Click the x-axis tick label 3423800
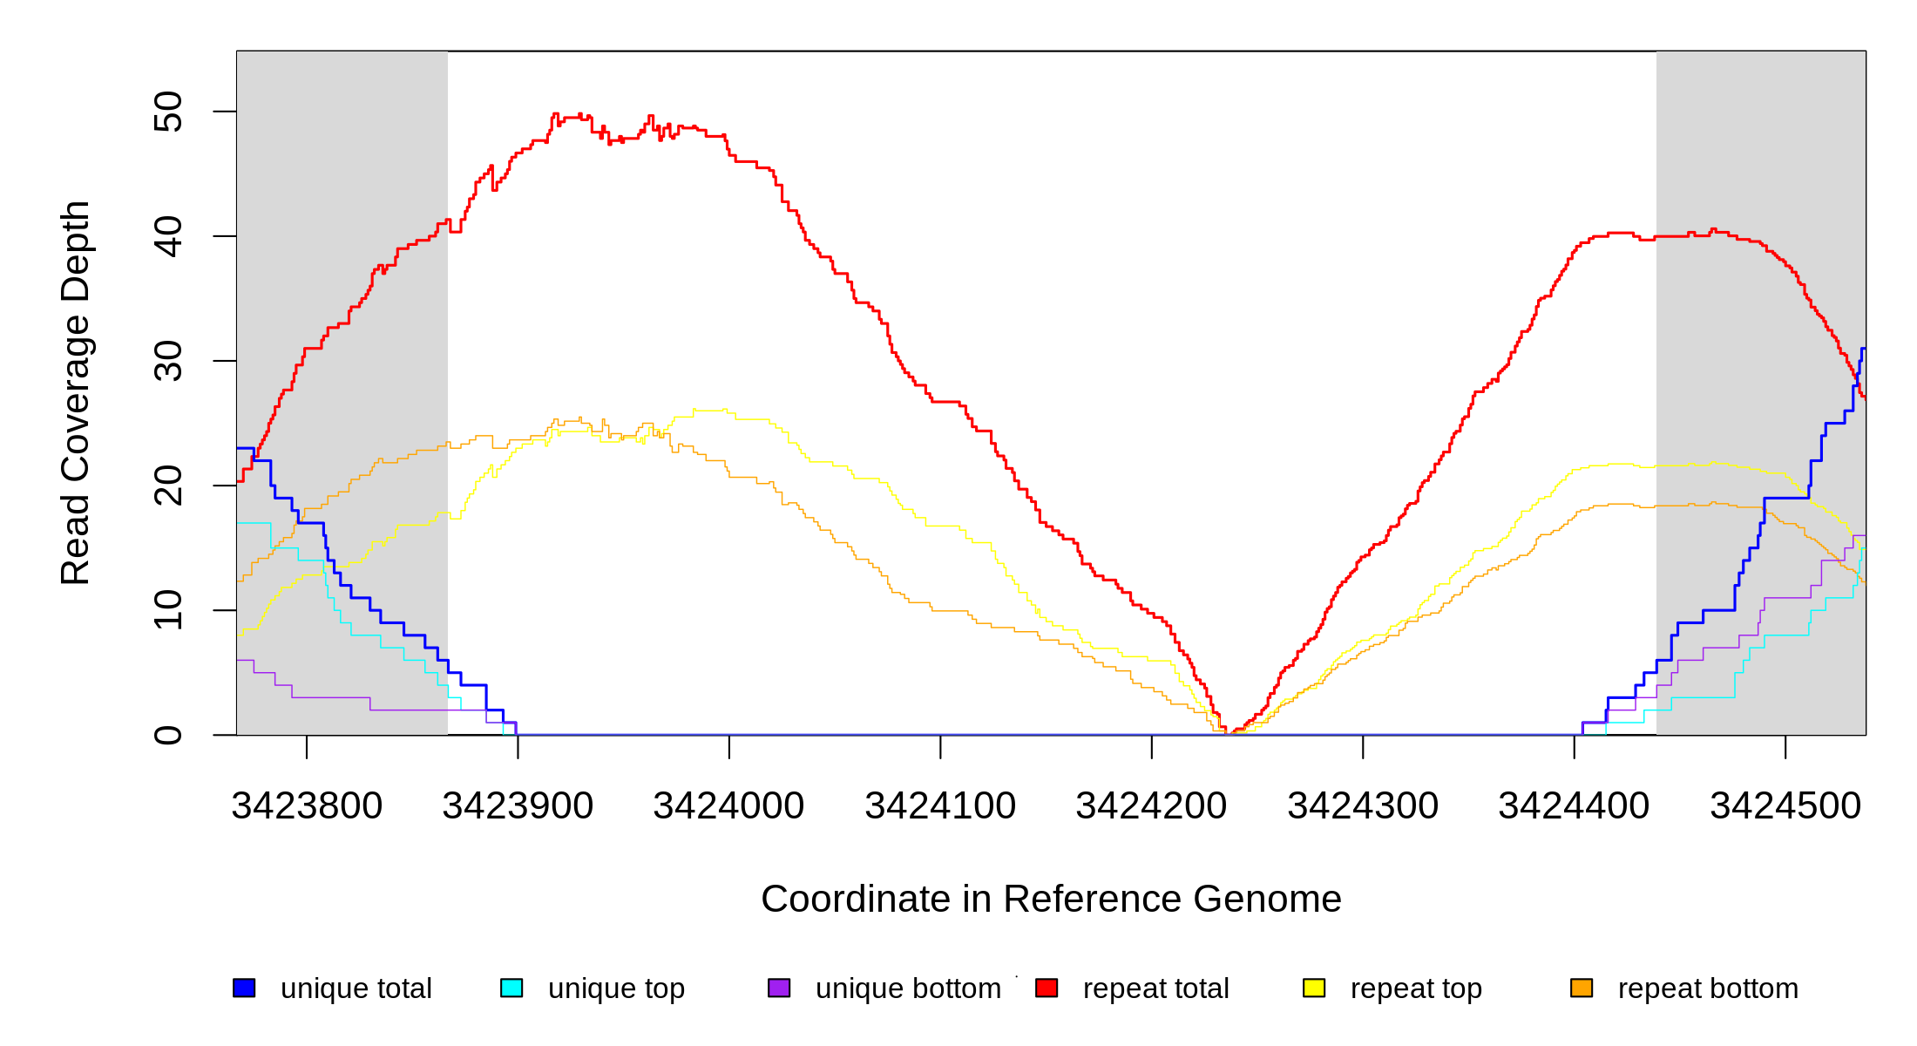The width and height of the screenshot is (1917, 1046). coord(307,806)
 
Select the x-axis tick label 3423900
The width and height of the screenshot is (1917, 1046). coord(518,806)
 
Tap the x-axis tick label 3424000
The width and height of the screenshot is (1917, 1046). coord(728,806)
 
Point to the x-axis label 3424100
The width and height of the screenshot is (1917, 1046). coord(940,806)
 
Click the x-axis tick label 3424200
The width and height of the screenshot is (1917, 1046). coord(1151,806)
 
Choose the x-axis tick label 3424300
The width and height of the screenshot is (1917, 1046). coord(1363,806)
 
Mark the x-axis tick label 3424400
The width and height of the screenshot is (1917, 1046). coord(1574,806)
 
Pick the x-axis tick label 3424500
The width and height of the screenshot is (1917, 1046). coord(1785,806)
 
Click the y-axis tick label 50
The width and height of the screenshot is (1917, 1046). coord(168,112)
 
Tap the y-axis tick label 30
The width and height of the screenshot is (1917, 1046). coord(168,361)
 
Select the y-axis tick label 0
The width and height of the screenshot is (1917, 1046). coord(168,735)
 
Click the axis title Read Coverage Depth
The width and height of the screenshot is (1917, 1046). coord(75,392)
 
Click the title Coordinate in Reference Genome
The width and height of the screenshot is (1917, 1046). coord(1051,899)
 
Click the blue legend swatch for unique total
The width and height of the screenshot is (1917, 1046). coord(244,988)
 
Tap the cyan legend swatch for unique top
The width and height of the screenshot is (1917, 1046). coord(511,988)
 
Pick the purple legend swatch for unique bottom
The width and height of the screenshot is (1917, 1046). coord(779,988)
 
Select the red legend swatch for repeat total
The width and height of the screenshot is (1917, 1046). coord(1047,988)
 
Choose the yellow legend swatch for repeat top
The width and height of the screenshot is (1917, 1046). coord(1314,988)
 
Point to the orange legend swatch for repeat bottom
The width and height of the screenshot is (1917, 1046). coord(1582,988)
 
